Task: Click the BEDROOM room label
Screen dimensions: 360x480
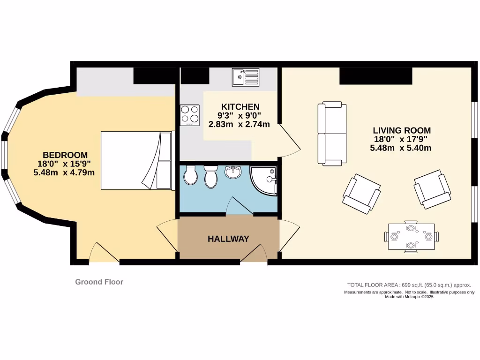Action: tap(65, 155)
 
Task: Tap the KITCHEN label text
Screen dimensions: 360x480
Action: tap(240, 107)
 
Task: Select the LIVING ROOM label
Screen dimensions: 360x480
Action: tap(401, 130)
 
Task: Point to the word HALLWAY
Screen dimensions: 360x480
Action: tap(228, 239)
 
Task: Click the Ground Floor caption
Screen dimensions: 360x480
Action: tap(99, 282)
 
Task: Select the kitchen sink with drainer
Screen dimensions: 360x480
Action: tap(245, 77)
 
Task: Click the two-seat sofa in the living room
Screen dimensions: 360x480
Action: tap(332, 134)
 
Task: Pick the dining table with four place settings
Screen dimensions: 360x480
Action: tap(411, 237)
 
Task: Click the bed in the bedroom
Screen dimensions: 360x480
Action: tap(137, 160)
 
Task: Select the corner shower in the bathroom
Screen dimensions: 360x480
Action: tap(264, 180)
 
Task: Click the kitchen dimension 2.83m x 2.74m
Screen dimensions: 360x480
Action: tap(239, 124)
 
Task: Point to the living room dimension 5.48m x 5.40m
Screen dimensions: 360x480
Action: tap(401, 148)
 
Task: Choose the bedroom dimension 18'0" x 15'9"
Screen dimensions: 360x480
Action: tap(64, 164)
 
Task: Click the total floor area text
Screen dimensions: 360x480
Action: tap(408, 285)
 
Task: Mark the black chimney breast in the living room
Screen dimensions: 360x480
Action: tap(375, 76)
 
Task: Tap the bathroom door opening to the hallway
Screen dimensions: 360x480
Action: tap(240, 206)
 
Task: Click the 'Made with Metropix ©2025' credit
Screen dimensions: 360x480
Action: tap(409, 297)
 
